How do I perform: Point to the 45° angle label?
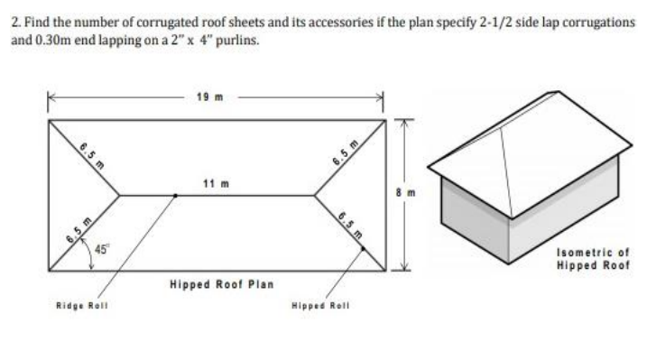(x=96, y=251)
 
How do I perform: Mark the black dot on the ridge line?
(x=175, y=194)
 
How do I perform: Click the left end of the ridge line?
(x=119, y=194)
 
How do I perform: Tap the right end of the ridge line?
(x=315, y=194)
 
